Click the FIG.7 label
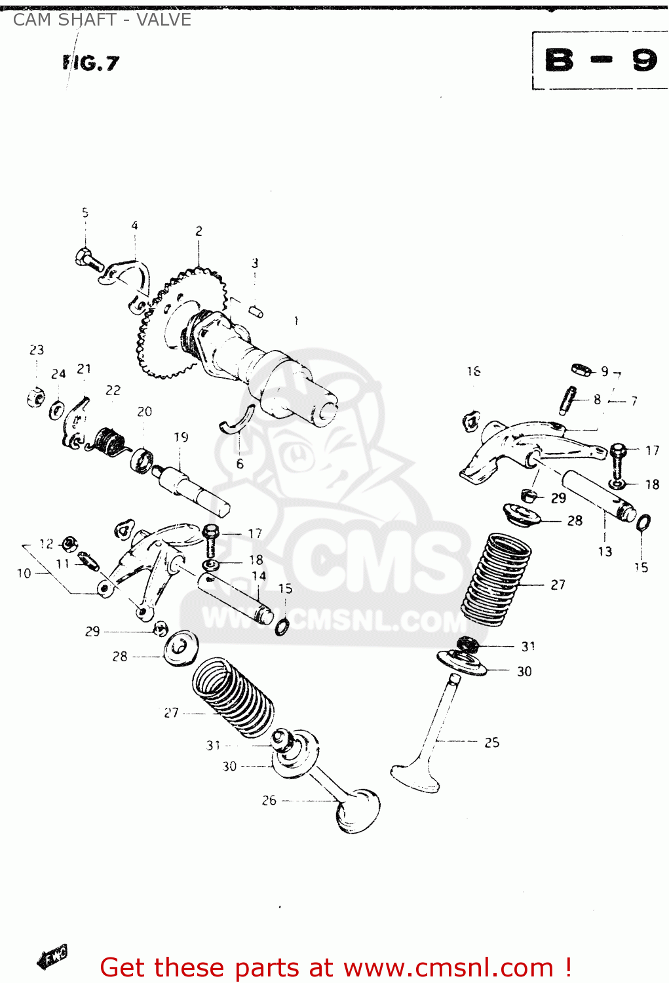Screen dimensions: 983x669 (91, 63)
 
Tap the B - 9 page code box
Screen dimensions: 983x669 (600, 60)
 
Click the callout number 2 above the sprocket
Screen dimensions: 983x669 (199, 231)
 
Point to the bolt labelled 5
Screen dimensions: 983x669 (89, 259)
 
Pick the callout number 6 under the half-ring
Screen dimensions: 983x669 (240, 464)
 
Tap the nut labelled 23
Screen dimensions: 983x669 (36, 397)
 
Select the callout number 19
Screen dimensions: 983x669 (182, 437)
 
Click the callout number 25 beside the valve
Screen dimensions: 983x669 (491, 742)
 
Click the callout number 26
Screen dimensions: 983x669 (269, 800)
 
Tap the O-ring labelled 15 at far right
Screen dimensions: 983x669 (643, 523)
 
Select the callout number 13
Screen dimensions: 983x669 (605, 552)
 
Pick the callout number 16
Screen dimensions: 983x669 (474, 372)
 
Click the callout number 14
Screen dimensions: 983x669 (259, 576)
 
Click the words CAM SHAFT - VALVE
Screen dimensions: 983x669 (102, 20)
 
